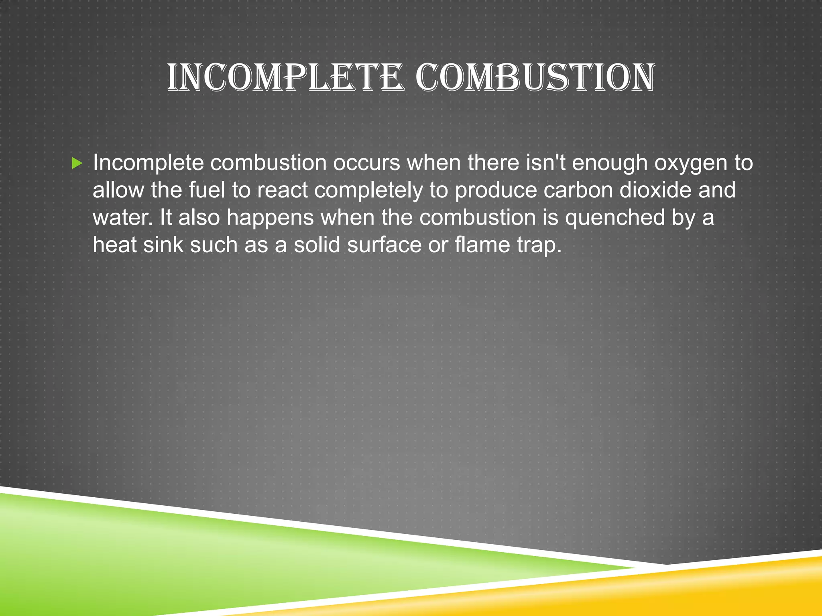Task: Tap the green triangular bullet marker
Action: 77,163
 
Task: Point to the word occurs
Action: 366,163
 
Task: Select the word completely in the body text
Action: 368,190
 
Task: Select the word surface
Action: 384,245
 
